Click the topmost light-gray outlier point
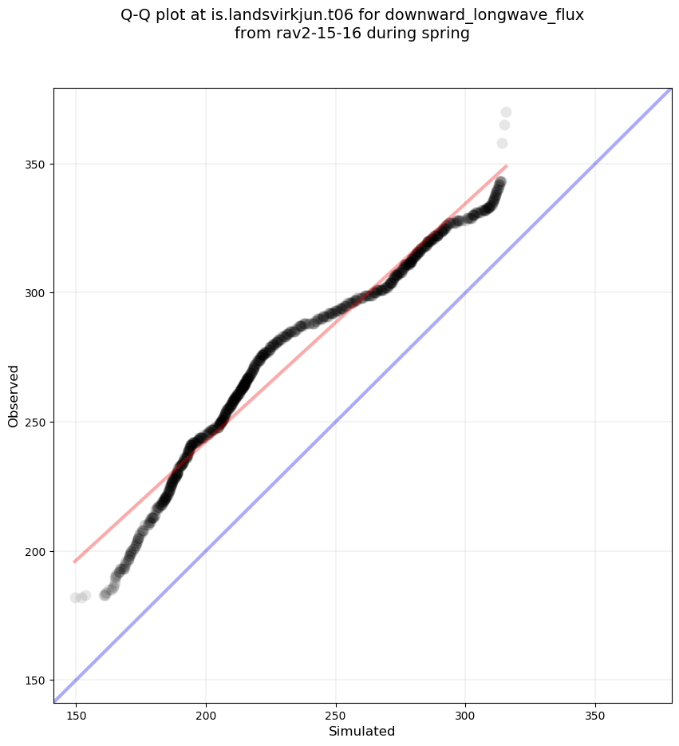(x=506, y=113)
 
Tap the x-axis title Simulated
(x=362, y=731)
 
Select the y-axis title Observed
(x=14, y=396)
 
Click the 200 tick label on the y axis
(x=37, y=551)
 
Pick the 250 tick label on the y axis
(x=37, y=422)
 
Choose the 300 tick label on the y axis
(x=37, y=293)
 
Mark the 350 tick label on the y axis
(x=37, y=164)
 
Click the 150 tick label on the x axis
(x=76, y=713)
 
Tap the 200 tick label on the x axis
(x=206, y=713)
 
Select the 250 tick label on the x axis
(x=335, y=713)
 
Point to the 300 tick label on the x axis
(x=465, y=713)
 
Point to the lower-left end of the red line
(x=75, y=561)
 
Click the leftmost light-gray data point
(x=76, y=597)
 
